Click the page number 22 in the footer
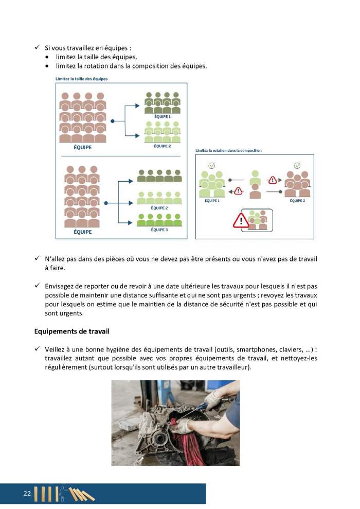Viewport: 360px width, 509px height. pos(27,493)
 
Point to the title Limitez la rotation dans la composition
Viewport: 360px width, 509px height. pos(228,150)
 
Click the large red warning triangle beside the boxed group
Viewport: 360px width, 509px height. pos(241,220)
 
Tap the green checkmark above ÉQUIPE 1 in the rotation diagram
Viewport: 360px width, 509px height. pos(211,166)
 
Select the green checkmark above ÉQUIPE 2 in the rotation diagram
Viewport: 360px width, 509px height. pos(297,166)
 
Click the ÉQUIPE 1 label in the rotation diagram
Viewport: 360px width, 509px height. pos(211,200)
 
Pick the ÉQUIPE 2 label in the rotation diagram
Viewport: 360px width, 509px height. pos(297,200)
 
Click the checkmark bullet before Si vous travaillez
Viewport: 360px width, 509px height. pos(37,48)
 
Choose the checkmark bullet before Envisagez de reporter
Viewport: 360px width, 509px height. pos(37,285)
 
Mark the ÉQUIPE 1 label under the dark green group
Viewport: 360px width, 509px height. pos(162,117)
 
